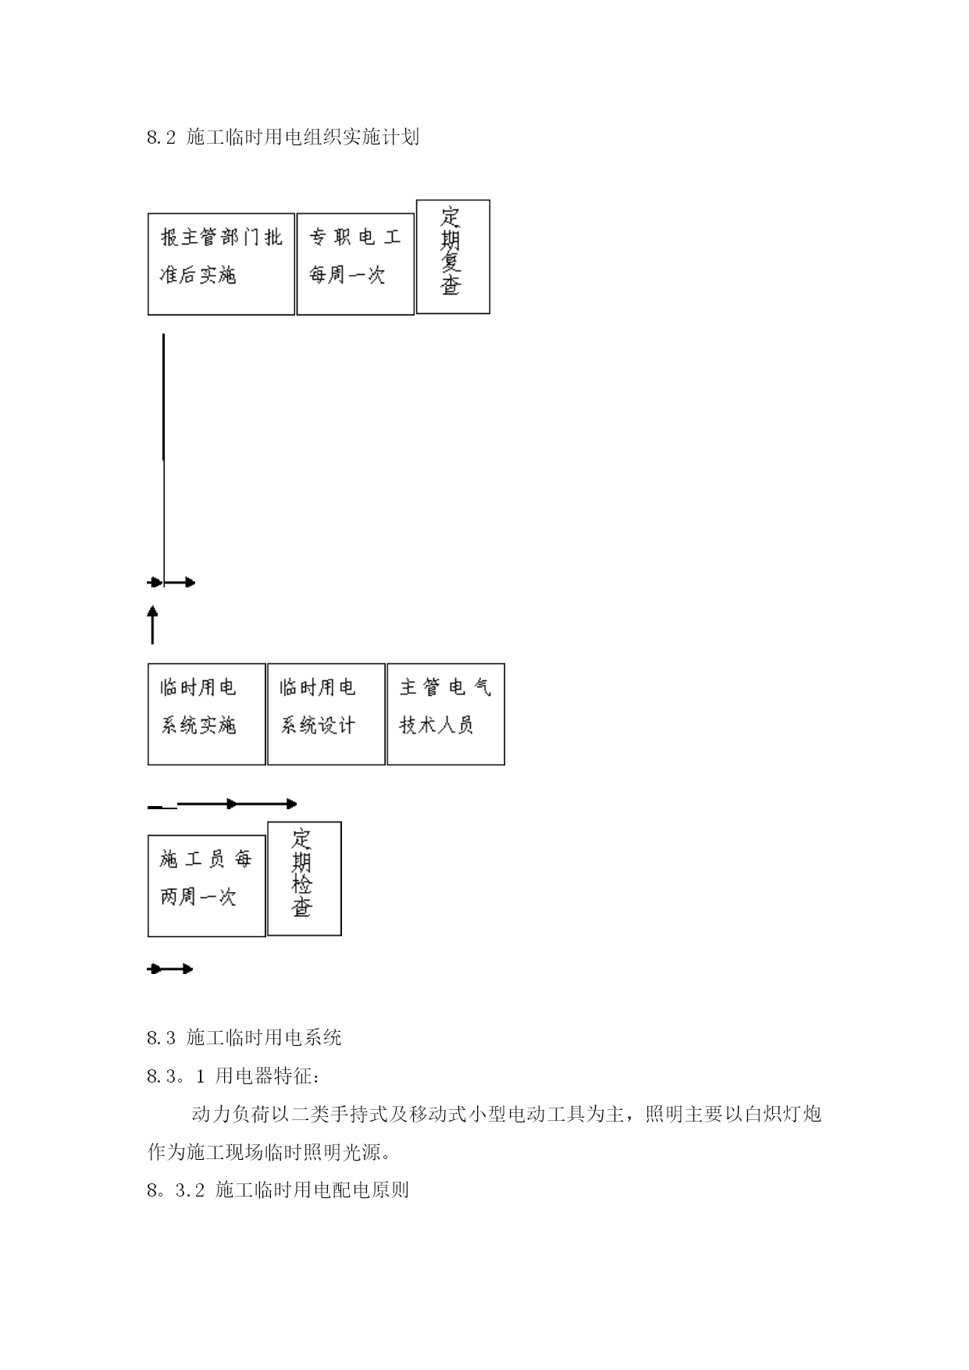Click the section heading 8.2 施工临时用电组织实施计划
click(283, 137)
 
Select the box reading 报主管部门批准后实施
click(221, 264)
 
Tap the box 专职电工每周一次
click(355, 264)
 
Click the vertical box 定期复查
click(453, 257)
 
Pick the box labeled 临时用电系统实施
click(207, 714)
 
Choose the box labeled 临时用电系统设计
click(326, 714)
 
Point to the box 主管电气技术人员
click(446, 714)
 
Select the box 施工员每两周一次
click(207, 886)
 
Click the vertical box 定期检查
click(305, 879)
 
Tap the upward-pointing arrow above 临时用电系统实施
click(152, 624)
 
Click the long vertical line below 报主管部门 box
click(163, 458)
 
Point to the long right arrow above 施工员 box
click(237, 804)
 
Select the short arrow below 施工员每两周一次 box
click(170, 969)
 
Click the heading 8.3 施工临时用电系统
click(244, 1037)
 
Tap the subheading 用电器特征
click(267, 1076)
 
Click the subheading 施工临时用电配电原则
click(312, 1190)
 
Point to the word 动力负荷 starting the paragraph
click(230, 1114)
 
